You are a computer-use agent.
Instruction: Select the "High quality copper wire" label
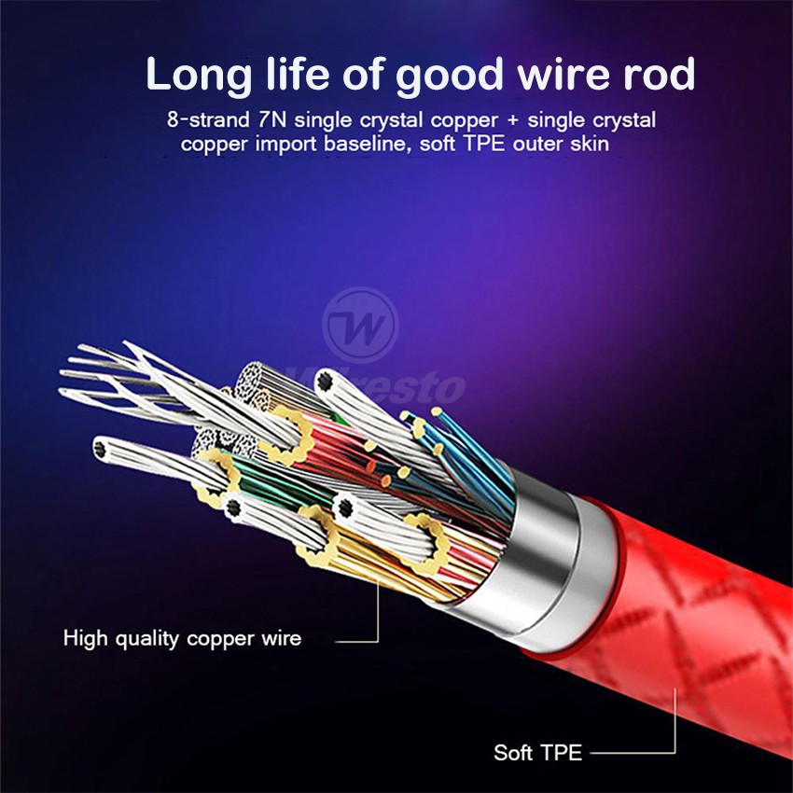coord(183,639)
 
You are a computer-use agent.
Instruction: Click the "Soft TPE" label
coord(538,752)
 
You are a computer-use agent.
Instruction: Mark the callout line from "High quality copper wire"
coord(359,640)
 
